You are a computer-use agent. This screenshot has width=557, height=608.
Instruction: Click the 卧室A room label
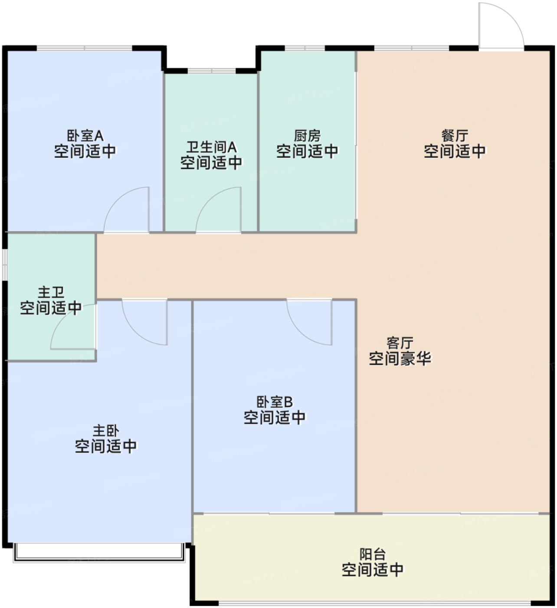85,135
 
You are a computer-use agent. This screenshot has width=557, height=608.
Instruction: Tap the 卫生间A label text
211,147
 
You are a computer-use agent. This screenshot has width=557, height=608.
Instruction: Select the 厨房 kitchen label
307,135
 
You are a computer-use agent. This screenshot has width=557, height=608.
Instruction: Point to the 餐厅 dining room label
455,135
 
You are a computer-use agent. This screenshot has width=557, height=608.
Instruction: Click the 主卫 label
51,292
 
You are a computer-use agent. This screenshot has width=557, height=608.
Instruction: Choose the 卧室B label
275,402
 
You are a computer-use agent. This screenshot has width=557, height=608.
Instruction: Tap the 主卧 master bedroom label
106,430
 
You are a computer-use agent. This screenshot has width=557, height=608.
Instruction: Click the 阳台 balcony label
373,554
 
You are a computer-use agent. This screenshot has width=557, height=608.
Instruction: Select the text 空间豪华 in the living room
400,359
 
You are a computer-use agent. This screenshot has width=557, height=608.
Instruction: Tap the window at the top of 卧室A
85,48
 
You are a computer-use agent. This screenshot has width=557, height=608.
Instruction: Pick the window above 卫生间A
212,71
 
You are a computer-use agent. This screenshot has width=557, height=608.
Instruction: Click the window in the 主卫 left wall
4,264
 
